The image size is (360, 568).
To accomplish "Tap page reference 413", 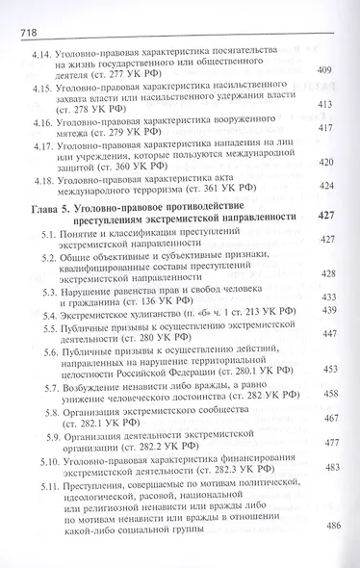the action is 325,104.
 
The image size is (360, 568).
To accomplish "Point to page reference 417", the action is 325,129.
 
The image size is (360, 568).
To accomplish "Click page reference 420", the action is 325,163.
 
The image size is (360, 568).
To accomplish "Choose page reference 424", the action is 325,187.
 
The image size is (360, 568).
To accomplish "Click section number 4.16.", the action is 44,122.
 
